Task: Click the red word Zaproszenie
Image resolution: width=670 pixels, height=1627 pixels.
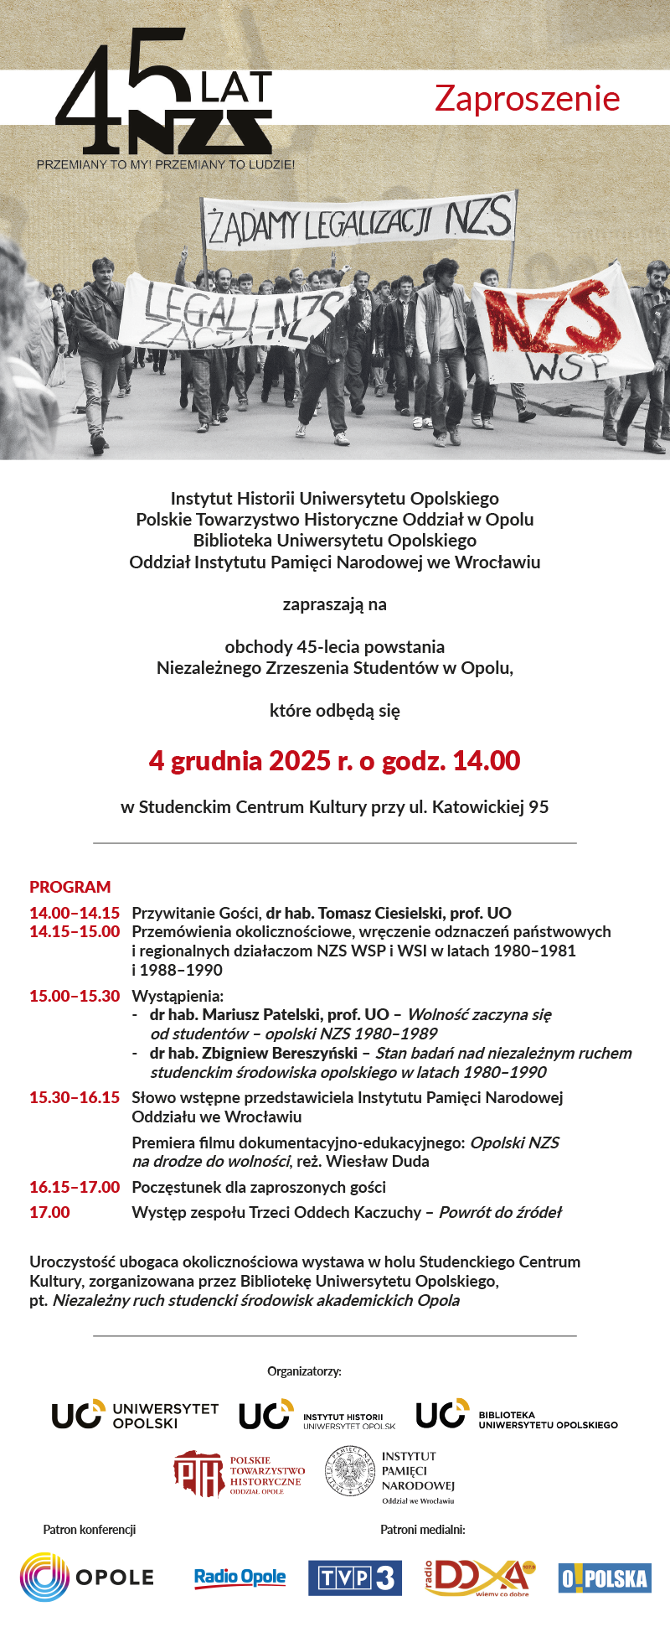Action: [x=527, y=99]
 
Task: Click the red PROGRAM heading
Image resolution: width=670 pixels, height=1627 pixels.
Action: [x=70, y=887]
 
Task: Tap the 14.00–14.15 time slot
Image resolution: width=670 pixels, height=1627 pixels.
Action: [x=75, y=913]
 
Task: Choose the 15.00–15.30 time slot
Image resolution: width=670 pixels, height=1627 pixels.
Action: [x=75, y=996]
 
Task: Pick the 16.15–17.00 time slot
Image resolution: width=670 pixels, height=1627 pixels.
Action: [x=75, y=1187]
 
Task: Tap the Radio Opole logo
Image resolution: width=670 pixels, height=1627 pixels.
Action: [x=240, y=1578]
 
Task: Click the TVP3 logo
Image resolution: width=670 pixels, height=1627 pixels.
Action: [x=355, y=1578]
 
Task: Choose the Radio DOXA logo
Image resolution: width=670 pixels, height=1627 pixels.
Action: [x=479, y=1578]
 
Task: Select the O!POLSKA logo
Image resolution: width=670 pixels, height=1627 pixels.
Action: [x=605, y=1578]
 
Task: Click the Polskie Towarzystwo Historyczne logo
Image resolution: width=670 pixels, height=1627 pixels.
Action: [x=240, y=1474]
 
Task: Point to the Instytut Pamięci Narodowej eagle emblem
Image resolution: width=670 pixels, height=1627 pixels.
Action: [x=350, y=1472]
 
